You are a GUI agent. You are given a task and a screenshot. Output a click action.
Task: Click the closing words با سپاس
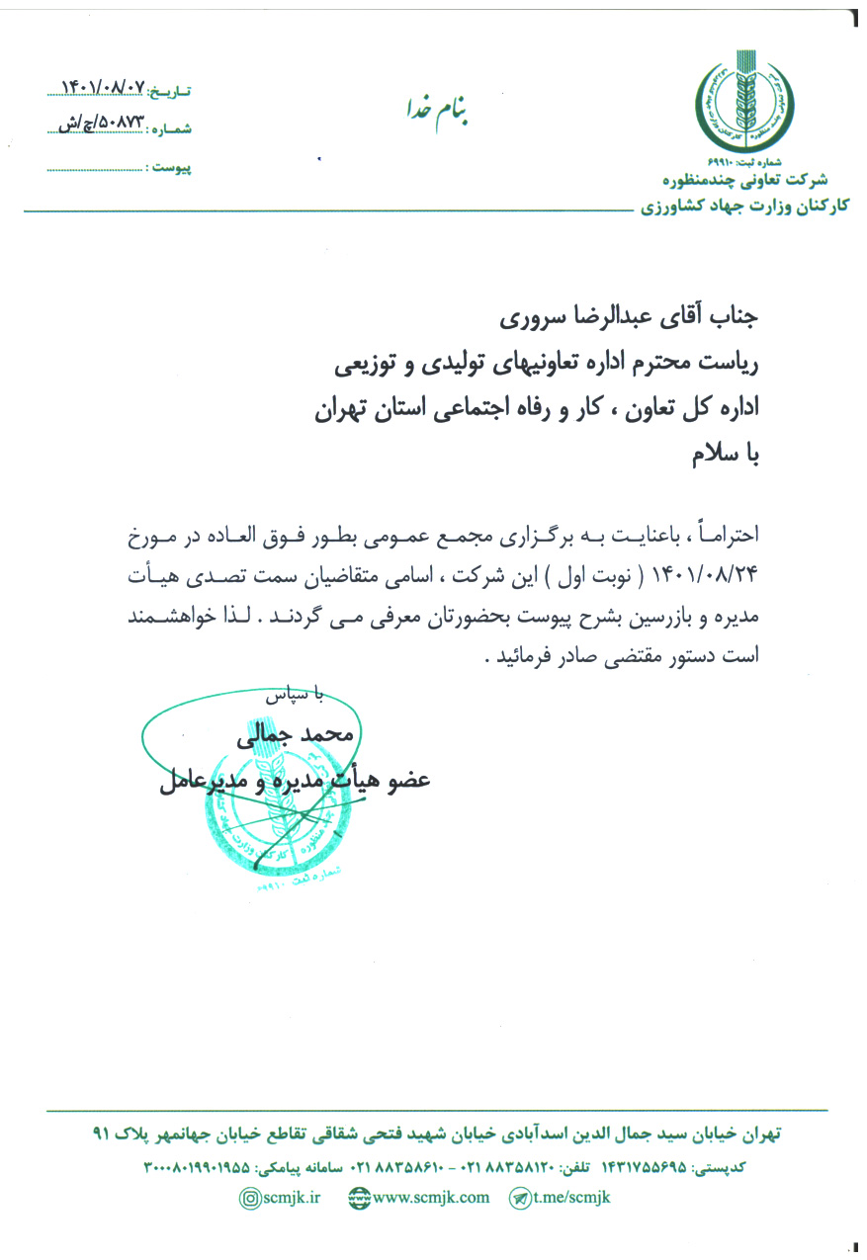(295, 696)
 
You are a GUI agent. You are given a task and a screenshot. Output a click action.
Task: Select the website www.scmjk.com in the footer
(419, 1197)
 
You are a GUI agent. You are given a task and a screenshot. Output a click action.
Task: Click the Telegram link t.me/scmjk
(561, 1197)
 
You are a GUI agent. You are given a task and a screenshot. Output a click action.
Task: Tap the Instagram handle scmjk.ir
(282, 1197)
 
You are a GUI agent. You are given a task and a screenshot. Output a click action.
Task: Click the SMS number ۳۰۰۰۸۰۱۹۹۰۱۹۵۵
(198, 1167)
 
